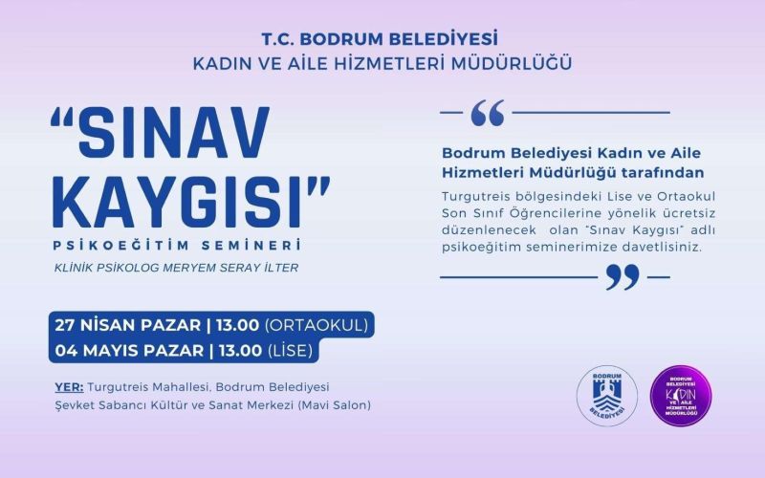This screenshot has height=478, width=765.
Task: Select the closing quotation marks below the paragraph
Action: click(623, 277)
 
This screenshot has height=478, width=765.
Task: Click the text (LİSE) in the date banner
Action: click(291, 350)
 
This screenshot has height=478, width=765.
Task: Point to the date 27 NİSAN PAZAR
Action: click(124, 325)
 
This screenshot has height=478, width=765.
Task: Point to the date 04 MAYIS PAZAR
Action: click(126, 350)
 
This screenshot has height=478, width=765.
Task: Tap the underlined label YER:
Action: click(70, 387)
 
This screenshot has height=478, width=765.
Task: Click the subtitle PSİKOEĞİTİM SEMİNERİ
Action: click(177, 246)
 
